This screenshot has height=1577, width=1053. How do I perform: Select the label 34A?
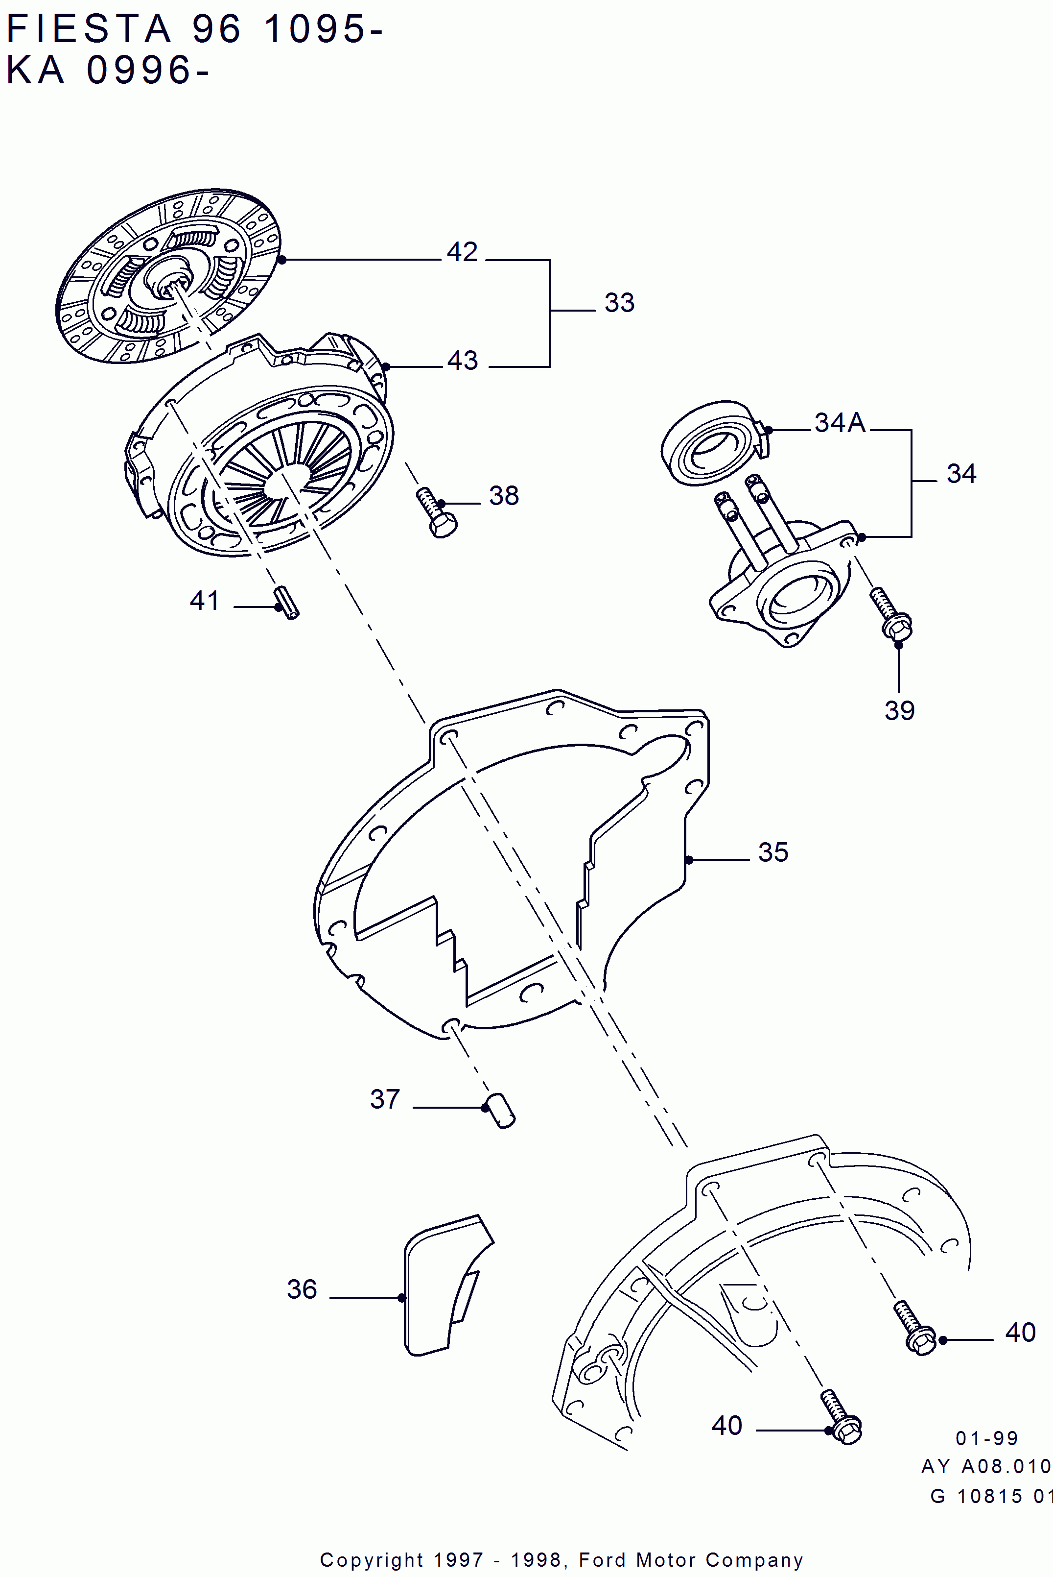(840, 423)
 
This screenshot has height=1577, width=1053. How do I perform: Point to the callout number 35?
(773, 852)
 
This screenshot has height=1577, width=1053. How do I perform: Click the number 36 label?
(302, 1289)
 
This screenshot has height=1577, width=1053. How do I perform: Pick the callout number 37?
(385, 1099)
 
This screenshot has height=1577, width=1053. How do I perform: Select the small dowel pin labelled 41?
(286, 603)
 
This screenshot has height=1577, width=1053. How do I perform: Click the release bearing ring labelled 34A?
(711, 443)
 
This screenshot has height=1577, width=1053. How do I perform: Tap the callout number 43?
(463, 361)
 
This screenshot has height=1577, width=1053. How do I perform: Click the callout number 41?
(204, 601)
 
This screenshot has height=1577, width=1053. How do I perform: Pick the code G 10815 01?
(990, 1496)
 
